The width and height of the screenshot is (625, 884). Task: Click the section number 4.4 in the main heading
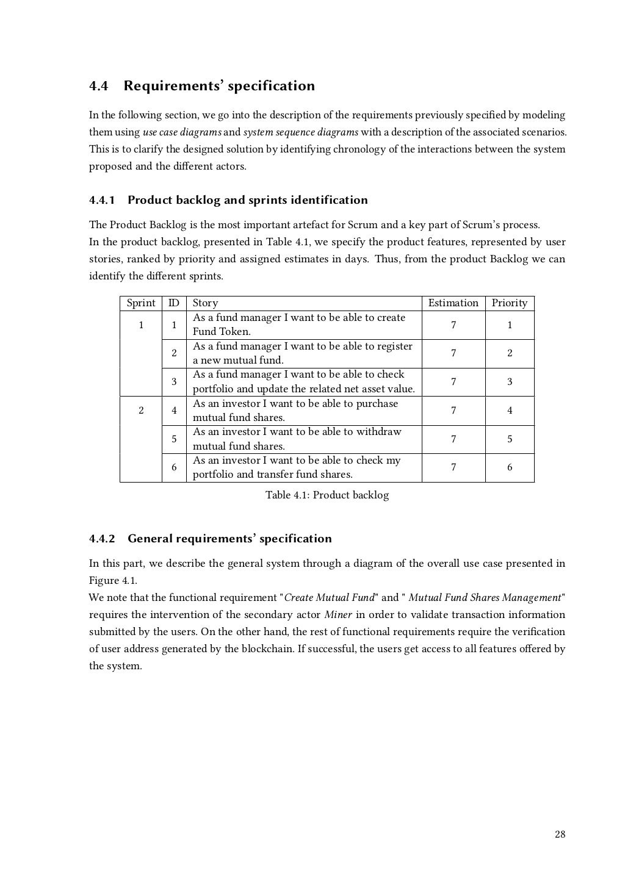[x=98, y=86]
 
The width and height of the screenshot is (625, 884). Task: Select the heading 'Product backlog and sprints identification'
[x=247, y=200]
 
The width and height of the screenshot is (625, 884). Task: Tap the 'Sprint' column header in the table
[x=141, y=303]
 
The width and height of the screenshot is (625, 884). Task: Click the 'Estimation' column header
[x=453, y=303]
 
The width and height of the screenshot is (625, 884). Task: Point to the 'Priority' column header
[x=509, y=303]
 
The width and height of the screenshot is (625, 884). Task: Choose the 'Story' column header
[x=205, y=303]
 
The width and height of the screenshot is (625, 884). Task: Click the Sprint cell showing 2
[x=141, y=411]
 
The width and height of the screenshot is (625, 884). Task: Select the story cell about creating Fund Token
[x=298, y=325]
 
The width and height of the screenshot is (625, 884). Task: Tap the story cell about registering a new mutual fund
[x=302, y=353]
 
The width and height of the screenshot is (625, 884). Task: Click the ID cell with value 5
[x=174, y=439]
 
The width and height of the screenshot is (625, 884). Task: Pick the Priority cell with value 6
[x=510, y=468]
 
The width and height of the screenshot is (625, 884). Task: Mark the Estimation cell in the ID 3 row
[x=453, y=382]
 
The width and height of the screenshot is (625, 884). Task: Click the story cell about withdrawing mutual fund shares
[x=297, y=439]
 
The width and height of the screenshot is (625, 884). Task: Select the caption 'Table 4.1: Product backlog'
[x=327, y=495]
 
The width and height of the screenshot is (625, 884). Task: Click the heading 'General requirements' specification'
[x=229, y=539]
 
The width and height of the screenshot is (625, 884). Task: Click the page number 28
[x=560, y=835]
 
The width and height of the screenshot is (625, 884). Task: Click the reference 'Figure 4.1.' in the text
[x=113, y=581]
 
